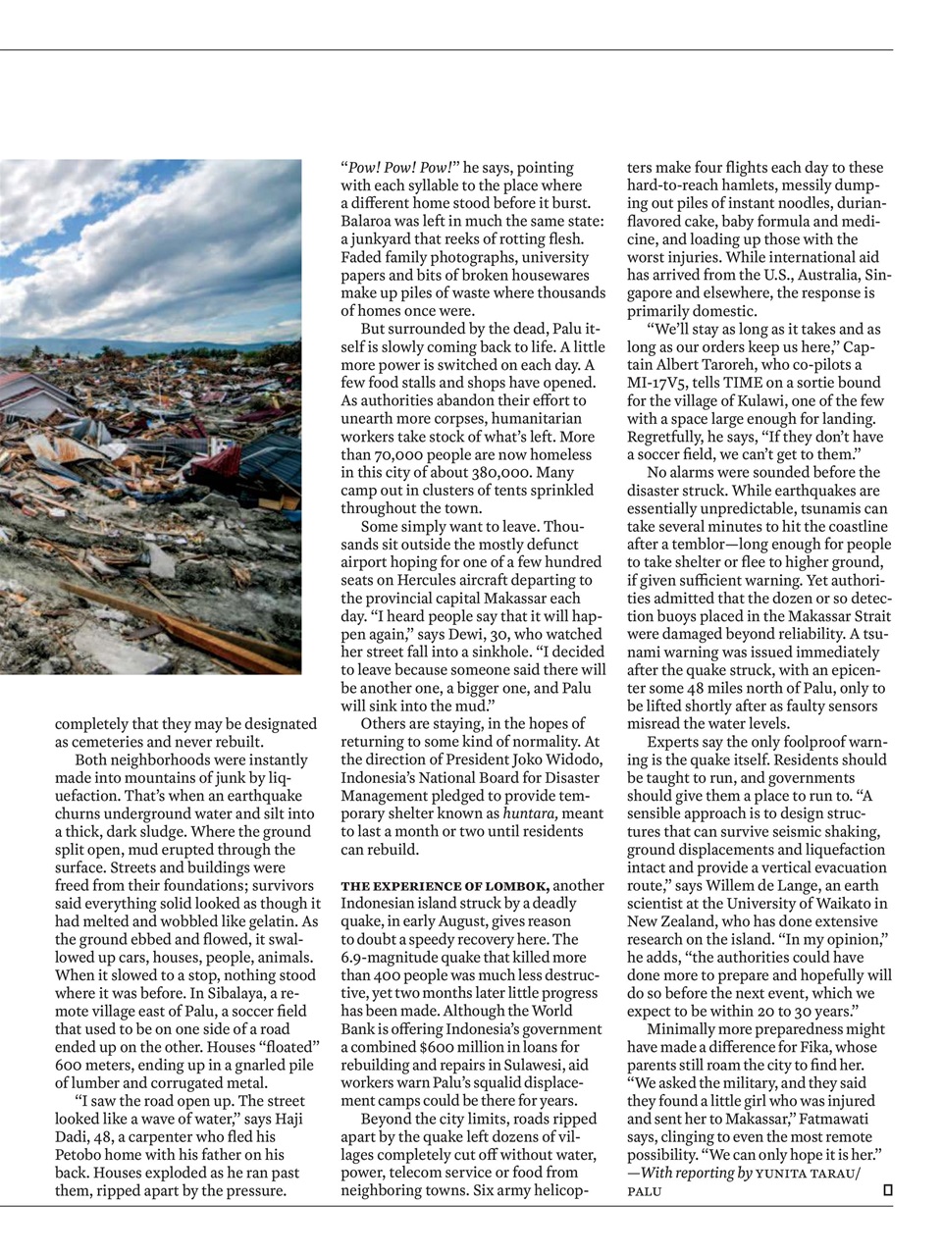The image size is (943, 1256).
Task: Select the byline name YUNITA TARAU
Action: point(806,1174)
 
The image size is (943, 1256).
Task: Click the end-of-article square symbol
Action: point(887,1190)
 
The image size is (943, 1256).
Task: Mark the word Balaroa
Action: point(371,222)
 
